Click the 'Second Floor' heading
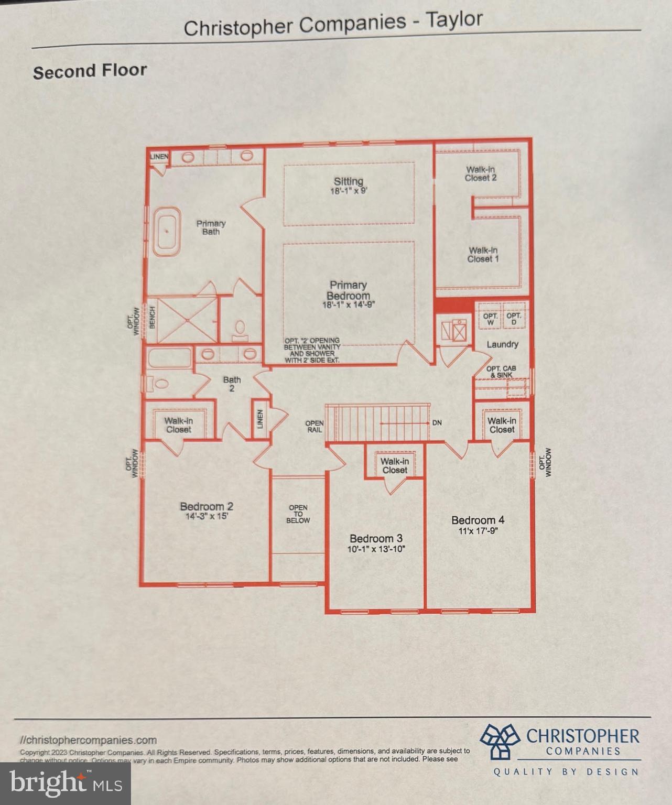click(90, 71)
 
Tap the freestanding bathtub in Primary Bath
click(167, 231)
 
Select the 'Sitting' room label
click(349, 181)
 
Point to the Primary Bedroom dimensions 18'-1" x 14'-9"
click(349, 305)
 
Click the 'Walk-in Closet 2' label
click(481, 173)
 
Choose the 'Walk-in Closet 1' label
click(483, 255)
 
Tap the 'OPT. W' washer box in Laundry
click(490, 319)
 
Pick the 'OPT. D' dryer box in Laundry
click(514, 319)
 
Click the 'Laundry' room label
click(502, 344)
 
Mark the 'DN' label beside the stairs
click(437, 422)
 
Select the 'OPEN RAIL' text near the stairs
click(315, 426)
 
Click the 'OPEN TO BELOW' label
click(298, 514)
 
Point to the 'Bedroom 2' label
click(207, 506)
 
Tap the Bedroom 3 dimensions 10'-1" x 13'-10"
click(376, 549)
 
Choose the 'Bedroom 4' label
click(478, 520)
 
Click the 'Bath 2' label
click(232, 384)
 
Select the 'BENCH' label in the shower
click(152, 317)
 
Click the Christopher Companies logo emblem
click(500, 741)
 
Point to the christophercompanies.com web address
click(89, 740)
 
